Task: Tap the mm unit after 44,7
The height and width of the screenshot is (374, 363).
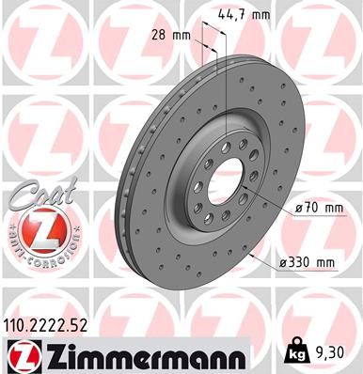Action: tap(262, 14)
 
